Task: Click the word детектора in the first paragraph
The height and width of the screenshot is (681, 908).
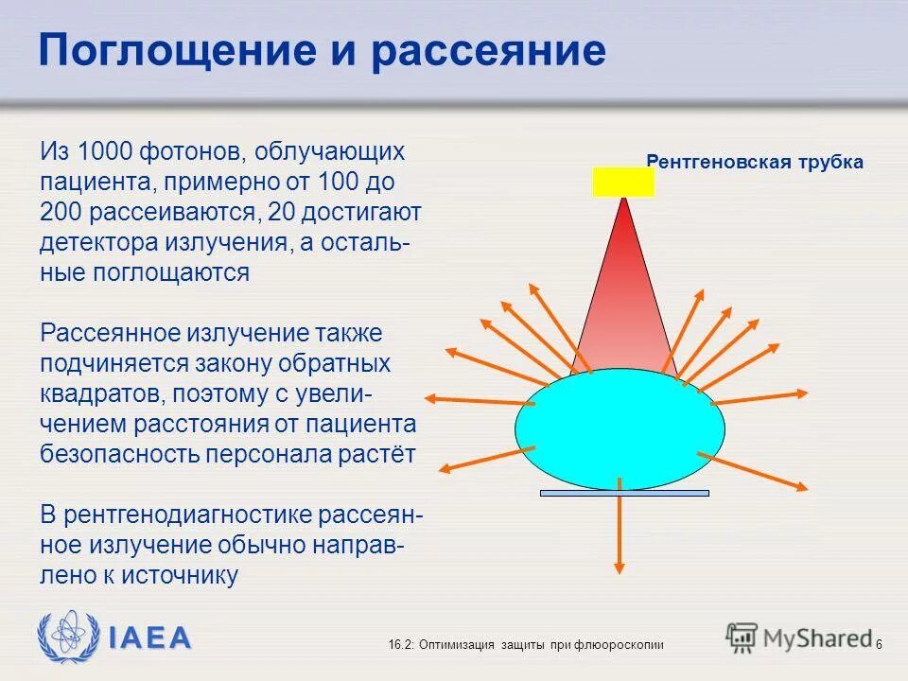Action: point(97,241)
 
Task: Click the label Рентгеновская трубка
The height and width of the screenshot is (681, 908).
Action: point(755,162)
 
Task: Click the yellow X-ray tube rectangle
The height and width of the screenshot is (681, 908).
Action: point(623,182)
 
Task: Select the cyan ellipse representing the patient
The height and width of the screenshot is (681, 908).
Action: point(620,428)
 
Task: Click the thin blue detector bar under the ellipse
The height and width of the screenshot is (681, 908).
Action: point(624,493)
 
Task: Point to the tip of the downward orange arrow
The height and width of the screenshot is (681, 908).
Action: point(620,569)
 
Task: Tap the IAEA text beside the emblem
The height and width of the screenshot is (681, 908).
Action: point(148,637)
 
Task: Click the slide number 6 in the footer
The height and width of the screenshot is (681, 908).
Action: point(879,644)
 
